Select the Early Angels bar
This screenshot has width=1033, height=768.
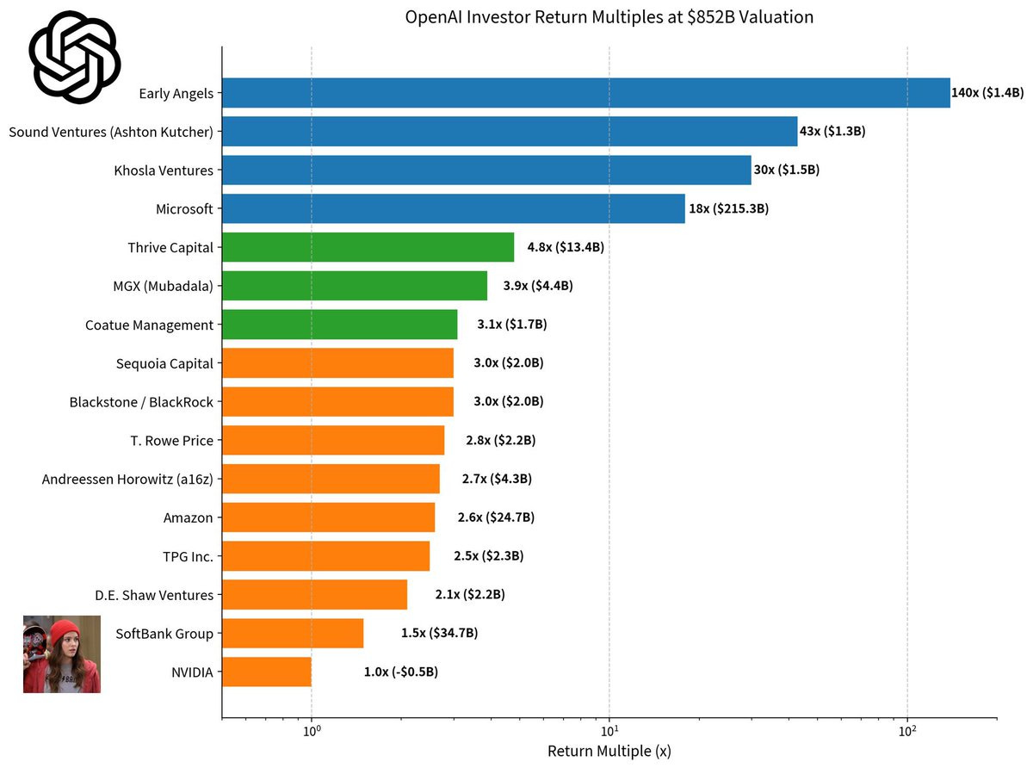click(x=585, y=93)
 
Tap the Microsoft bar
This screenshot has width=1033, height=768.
click(x=453, y=209)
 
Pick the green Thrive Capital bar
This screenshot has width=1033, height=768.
click(x=368, y=248)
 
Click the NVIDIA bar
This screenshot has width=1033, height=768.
click(x=267, y=672)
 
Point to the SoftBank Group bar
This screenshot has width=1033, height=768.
click(x=293, y=633)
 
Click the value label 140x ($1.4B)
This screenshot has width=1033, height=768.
click(x=987, y=92)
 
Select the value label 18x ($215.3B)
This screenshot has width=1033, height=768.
click(x=728, y=208)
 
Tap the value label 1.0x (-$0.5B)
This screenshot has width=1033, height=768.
click(x=401, y=672)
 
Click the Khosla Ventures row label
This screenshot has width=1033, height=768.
click(x=164, y=170)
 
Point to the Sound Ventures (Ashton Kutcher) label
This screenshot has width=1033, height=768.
click(x=111, y=132)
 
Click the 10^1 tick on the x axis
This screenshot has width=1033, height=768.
click(x=609, y=730)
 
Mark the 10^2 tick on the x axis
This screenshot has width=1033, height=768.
click(x=907, y=730)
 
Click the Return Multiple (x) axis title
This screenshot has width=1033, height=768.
click(x=609, y=751)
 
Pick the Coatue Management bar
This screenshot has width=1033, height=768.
click(x=339, y=325)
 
